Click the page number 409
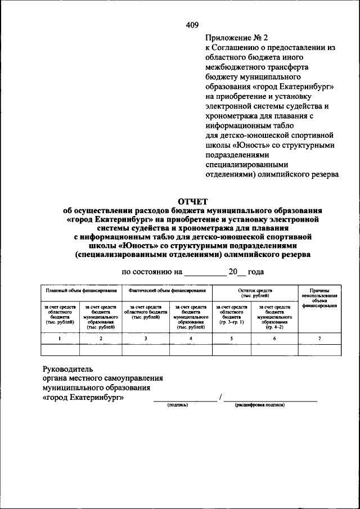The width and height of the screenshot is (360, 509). [x=192, y=24]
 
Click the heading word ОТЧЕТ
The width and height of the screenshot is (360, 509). [x=192, y=201]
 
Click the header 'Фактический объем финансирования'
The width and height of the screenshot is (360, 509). [x=166, y=291]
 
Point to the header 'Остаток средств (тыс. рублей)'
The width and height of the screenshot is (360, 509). [x=255, y=292]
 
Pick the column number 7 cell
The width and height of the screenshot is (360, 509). [x=319, y=337]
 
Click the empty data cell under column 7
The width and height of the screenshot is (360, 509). [x=319, y=350]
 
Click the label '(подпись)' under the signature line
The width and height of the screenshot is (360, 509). [x=178, y=405]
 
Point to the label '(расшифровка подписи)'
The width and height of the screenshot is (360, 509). [x=260, y=405]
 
